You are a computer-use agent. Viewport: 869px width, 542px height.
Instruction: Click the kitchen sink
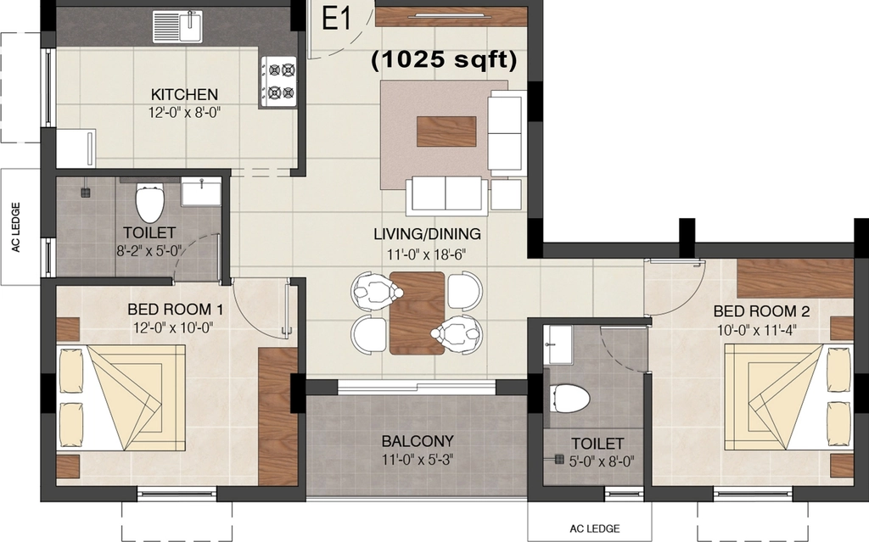click(177, 26)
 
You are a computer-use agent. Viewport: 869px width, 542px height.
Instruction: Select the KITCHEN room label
click(184, 94)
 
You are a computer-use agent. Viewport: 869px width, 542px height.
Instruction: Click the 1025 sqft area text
click(444, 59)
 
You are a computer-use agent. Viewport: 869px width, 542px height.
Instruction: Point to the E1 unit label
click(336, 20)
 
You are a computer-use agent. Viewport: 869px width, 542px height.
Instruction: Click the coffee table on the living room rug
click(446, 131)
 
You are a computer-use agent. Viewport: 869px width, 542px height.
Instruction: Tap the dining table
click(417, 313)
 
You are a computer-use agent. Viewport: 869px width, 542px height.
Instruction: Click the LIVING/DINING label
click(427, 234)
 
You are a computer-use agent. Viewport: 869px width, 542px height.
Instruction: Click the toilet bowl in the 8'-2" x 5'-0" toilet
click(149, 204)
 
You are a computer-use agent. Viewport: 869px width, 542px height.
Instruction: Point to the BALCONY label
click(418, 441)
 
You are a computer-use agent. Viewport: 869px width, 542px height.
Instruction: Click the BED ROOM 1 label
click(175, 309)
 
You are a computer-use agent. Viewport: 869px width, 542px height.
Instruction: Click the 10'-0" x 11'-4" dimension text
click(756, 330)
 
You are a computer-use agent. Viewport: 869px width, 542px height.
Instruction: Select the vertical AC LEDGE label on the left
click(16, 227)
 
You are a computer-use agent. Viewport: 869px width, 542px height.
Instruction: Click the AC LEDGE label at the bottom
click(595, 528)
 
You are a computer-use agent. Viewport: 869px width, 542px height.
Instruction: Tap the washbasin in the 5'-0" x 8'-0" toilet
click(558, 344)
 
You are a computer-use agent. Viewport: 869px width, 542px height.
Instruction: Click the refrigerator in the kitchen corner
click(76, 148)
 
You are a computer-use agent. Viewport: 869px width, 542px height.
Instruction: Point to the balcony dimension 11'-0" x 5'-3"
click(418, 460)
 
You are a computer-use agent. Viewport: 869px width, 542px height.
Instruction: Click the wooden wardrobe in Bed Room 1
click(278, 416)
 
